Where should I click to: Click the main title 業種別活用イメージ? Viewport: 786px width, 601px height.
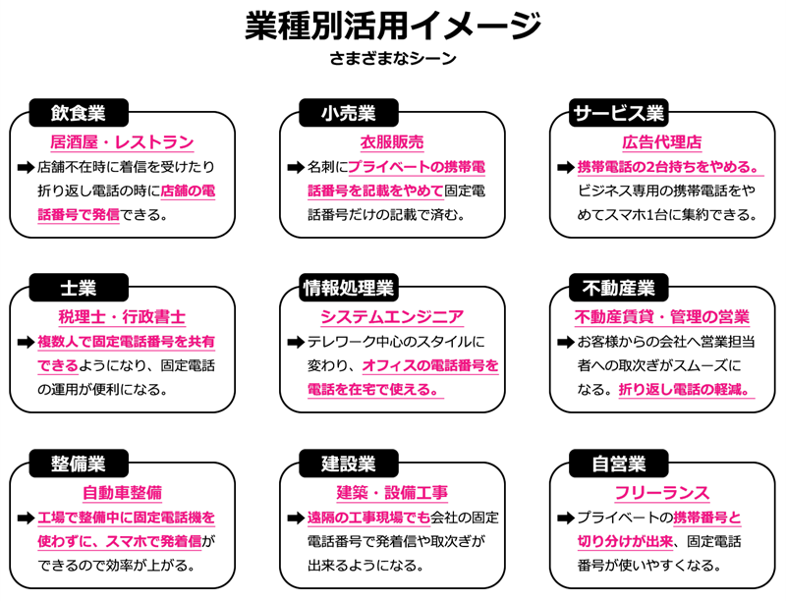[x=393, y=26]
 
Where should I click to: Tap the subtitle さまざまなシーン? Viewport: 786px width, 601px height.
[x=393, y=58]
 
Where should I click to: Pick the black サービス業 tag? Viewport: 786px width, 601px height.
[x=618, y=112]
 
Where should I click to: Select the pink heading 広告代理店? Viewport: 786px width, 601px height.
[x=661, y=142]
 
